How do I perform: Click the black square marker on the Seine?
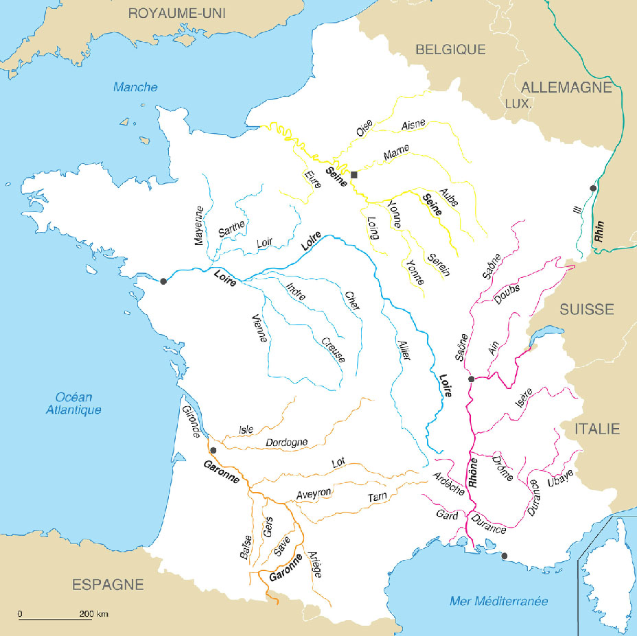pyautogui.click(x=354, y=175)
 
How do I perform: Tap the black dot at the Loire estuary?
pyautogui.click(x=163, y=281)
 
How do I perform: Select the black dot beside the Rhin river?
pyautogui.click(x=592, y=188)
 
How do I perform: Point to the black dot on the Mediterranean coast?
pyautogui.click(x=505, y=556)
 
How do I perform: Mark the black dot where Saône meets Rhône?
pyautogui.click(x=471, y=379)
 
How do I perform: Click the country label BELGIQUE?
pyautogui.click(x=450, y=49)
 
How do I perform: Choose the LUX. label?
pyautogui.click(x=518, y=104)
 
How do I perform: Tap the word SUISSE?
pyautogui.click(x=586, y=309)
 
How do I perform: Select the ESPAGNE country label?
pyautogui.click(x=108, y=585)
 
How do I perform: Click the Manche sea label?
pyautogui.click(x=135, y=87)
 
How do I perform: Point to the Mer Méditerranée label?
pyautogui.click(x=499, y=601)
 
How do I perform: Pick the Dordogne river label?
pyautogui.click(x=286, y=443)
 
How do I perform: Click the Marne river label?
pyautogui.click(x=396, y=152)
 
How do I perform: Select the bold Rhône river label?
pyautogui.click(x=473, y=473)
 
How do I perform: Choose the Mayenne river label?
pyautogui.click(x=200, y=226)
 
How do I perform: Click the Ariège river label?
pyautogui.click(x=312, y=564)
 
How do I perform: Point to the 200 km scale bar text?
pyautogui.click(x=93, y=613)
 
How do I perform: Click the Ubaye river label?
pyautogui.click(x=560, y=478)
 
